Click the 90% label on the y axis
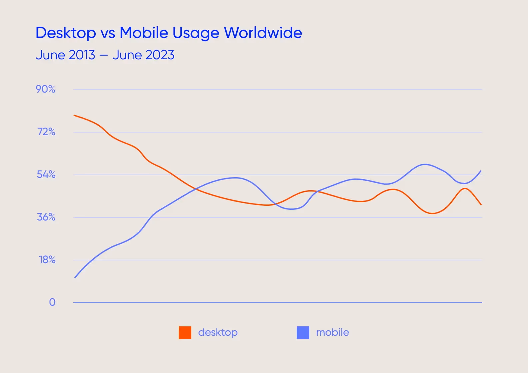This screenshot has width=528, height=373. coord(45,89)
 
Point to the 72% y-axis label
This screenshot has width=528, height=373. coord(46,132)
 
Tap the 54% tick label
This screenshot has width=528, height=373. coord(46,175)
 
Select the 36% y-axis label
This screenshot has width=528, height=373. coord(46,217)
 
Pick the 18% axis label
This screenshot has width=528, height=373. coord(47,260)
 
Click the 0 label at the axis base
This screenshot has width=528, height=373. coord(52,302)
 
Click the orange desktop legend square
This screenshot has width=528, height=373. coord(185,332)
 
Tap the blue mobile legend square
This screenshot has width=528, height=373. coord(303,332)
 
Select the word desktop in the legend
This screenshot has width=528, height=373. coord(218,332)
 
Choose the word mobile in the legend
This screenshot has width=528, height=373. coord(332,332)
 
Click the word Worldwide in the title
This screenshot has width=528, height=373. coord(263,33)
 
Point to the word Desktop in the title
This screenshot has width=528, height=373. coord(66,33)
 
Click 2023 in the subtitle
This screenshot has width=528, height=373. coord(160,55)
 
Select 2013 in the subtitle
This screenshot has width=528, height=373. coord(80,55)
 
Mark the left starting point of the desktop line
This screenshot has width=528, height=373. coord(74,115)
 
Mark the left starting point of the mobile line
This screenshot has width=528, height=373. coord(75,277)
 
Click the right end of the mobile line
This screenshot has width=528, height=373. coord(481,171)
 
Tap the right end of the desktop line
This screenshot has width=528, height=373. coord(481,204)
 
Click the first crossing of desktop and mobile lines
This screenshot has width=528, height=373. coord(196,189)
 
